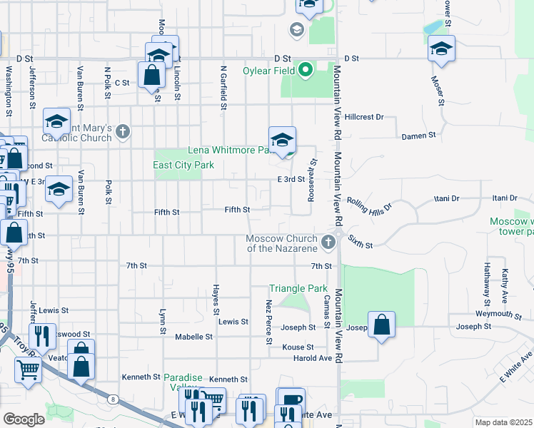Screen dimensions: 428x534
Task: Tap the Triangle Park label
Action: point(298,289)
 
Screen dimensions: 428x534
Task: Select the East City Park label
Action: point(183,165)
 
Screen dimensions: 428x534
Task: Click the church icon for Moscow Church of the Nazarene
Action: point(328,243)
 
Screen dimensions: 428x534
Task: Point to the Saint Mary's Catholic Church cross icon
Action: point(124,131)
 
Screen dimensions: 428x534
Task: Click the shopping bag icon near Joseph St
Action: point(382,325)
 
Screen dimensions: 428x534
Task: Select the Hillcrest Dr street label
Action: point(363,116)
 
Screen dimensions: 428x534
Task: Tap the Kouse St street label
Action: point(298,347)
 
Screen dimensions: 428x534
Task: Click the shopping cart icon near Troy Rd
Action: point(28,370)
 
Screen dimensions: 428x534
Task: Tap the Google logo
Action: point(24,419)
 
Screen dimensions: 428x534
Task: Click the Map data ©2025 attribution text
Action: point(503,422)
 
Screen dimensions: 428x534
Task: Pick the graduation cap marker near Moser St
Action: point(441,49)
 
